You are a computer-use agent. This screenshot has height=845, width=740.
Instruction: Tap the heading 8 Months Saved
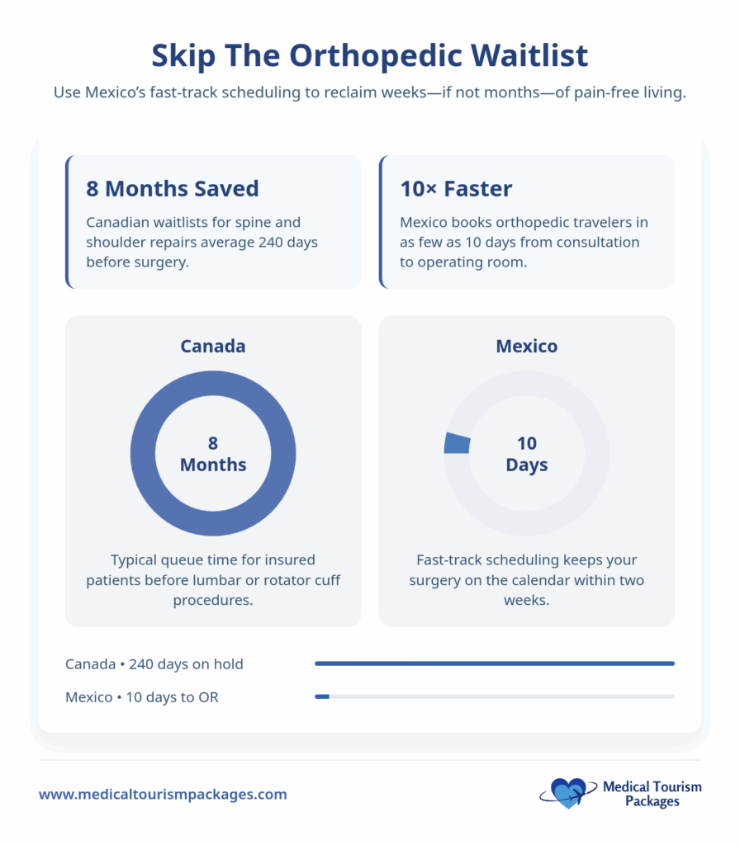click(173, 189)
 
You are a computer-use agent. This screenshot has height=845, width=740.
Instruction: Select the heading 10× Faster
click(456, 189)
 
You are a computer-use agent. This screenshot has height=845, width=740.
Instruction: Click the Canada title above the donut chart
click(213, 346)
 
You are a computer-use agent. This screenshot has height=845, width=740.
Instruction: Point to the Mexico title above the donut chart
click(526, 346)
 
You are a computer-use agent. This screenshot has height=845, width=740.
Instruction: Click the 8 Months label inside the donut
click(213, 454)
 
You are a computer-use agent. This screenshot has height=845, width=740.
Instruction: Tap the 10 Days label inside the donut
click(526, 454)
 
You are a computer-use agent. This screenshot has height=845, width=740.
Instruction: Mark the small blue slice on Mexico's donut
click(457, 443)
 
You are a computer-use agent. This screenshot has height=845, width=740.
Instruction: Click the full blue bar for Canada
click(495, 663)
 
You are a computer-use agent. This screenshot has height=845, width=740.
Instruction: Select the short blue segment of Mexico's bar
click(322, 696)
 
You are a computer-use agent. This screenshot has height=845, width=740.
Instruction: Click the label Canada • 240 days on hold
click(154, 664)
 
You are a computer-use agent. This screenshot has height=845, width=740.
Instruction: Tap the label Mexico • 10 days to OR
click(142, 697)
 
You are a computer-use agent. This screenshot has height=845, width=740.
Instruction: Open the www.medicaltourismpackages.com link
click(163, 795)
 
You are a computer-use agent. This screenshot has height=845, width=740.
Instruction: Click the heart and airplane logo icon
click(568, 793)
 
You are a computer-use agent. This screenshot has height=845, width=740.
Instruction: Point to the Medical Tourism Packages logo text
click(652, 794)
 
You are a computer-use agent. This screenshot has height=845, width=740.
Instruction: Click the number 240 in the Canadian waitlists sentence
click(270, 242)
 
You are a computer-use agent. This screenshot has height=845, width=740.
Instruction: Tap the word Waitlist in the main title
click(529, 55)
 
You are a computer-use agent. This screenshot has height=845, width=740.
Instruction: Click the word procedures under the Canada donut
click(213, 601)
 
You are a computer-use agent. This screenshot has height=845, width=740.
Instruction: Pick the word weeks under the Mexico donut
click(526, 601)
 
